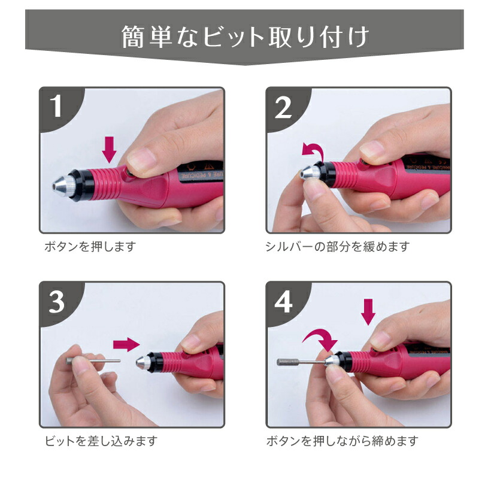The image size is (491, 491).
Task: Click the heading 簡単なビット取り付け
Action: [245, 37]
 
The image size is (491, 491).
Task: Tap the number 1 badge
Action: [57, 107]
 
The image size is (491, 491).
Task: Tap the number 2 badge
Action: [283, 107]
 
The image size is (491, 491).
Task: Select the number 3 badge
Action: [57, 302]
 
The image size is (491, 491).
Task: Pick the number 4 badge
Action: [283, 302]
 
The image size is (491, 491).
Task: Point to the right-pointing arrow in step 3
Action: [126, 344]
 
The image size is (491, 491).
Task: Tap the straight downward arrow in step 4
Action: [369, 311]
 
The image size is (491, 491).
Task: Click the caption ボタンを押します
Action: [90, 246]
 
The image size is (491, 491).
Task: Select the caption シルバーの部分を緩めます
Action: [337, 246]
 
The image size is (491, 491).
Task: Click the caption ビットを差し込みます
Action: [101, 441]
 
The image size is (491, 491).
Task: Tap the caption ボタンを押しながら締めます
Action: [342, 441]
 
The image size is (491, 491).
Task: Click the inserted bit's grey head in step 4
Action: [285, 362]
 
